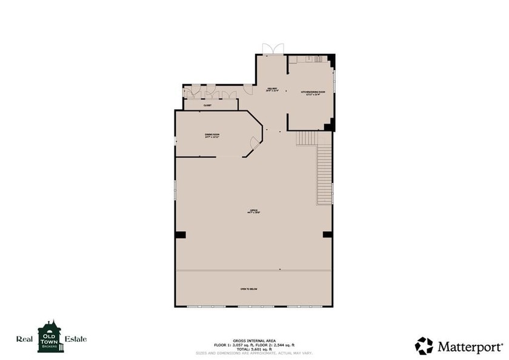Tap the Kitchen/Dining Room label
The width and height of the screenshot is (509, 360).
(x=313, y=93)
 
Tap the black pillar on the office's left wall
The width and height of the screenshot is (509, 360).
(x=180, y=235)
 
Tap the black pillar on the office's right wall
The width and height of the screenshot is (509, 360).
(x=327, y=235)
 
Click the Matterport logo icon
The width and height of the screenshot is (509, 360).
(x=424, y=346)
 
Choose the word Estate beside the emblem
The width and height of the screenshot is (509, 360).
(x=75, y=339)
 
